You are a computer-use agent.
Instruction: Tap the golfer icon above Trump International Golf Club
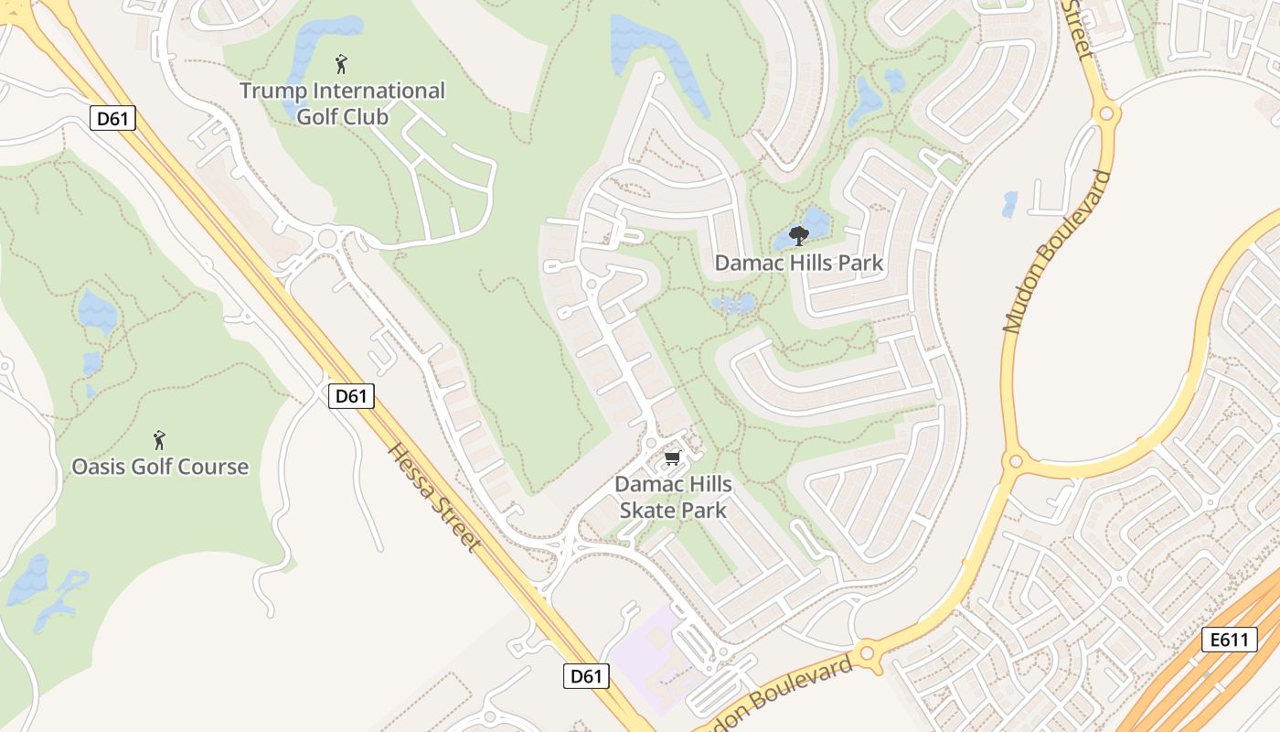(x=341, y=64)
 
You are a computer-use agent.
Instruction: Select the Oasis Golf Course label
(x=160, y=467)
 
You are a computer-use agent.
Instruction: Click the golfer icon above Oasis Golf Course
(x=159, y=440)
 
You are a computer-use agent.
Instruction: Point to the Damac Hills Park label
(x=798, y=264)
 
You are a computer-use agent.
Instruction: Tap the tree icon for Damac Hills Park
(x=798, y=235)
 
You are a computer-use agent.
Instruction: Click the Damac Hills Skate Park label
(x=673, y=497)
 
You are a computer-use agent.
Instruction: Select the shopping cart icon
(x=674, y=457)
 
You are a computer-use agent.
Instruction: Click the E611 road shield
(x=1227, y=640)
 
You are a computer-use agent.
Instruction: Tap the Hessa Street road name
(x=434, y=497)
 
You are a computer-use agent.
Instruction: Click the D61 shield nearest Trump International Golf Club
(x=113, y=117)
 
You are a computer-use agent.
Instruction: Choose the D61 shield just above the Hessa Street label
(x=351, y=396)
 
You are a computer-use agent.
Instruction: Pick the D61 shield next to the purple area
(x=585, y=676)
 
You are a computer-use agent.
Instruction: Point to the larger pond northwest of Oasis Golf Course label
(x=97, y=312)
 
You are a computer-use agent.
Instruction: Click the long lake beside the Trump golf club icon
(x=311, y=64)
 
